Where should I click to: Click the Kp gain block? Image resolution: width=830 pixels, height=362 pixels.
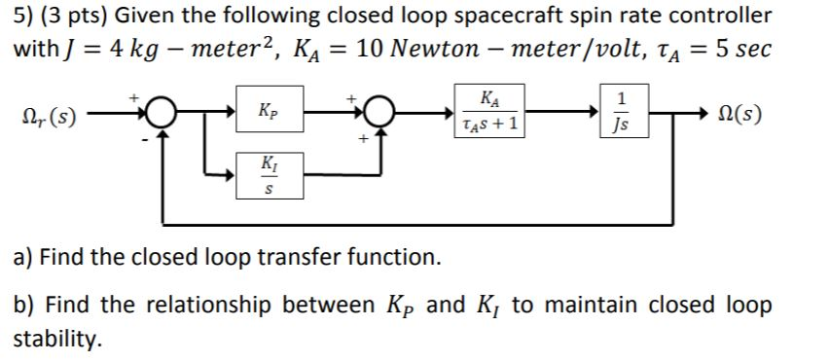pos(268,110)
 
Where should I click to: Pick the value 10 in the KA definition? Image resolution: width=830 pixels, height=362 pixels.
pos(371,48)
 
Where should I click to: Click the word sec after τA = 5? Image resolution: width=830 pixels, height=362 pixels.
pos(751,48)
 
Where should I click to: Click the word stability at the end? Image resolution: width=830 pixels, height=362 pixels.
pos(56,339)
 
